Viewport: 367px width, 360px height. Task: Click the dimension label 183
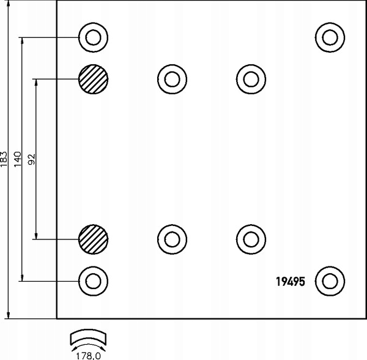pos(4,159)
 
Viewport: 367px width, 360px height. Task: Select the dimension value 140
pos(18,159)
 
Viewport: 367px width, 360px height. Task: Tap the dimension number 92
pos(32,159)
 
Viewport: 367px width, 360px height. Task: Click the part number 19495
pos(291,281)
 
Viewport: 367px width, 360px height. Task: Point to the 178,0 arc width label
pos(89,356)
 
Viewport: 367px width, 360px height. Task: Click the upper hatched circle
pos(93,79)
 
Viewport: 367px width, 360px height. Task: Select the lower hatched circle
pos(93,239)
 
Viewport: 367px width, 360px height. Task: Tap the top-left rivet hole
pos(93,37)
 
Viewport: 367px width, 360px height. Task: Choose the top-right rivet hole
pos(330,37)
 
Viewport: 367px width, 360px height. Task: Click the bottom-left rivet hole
pos(93,281)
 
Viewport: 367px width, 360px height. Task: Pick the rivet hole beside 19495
pos(330,281)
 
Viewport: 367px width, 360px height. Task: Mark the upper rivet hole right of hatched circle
pos(172,79)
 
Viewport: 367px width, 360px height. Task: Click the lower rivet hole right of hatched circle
pos(172,239)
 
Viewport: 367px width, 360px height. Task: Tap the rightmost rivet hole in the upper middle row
pos(251,79)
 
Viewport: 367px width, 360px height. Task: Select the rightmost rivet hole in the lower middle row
pos(251,239)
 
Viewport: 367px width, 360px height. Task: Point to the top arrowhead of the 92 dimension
pos(36,83)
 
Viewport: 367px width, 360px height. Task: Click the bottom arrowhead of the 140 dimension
pos(22,278)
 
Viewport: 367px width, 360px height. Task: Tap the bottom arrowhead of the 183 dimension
pos(9,315)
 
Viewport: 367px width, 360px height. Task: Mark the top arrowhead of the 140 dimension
pos(22,41)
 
